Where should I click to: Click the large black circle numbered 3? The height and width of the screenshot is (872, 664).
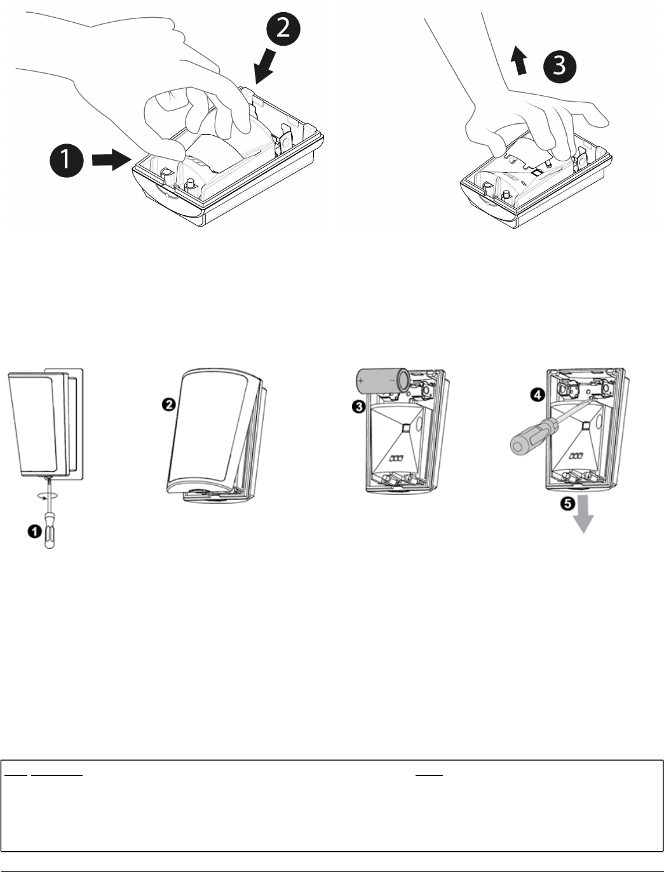(x=559, y=65)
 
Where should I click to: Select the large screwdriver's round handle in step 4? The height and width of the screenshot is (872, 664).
(x=531, y=443)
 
